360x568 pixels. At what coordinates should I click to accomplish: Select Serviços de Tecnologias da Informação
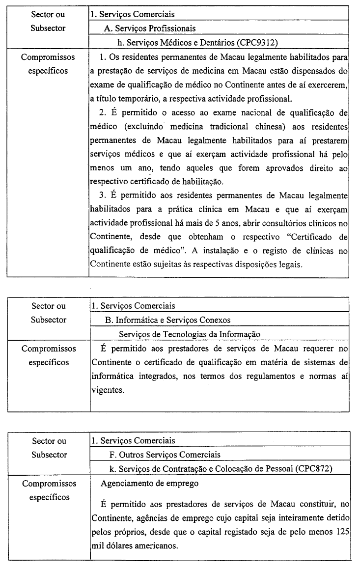click(190, 334)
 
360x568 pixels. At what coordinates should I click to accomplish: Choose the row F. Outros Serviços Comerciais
click(165, 455)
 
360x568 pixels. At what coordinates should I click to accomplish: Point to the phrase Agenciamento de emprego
click(150, 484)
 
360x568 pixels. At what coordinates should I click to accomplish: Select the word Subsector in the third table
click(49, 455)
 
